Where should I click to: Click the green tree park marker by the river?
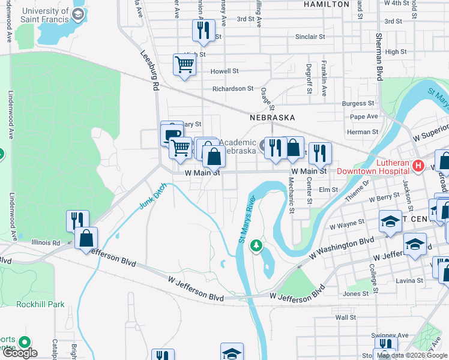pos(256,245)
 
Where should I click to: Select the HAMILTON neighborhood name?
pos(327,4)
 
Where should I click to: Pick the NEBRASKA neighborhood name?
pos(273,118)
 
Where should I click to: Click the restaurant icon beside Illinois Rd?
pos(77,220)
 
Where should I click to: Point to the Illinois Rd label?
pos(47,243)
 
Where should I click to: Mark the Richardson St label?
pos(233,89)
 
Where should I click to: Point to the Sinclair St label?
pos(310,37)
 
